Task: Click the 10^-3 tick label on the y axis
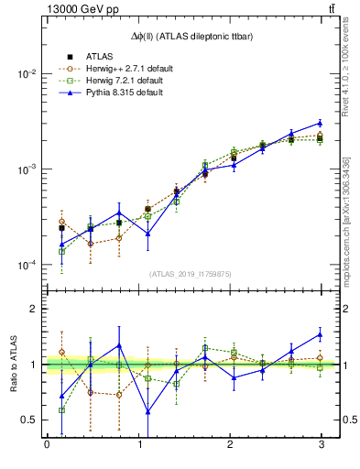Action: [x=27, y=169]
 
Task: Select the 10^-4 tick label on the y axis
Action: [x=27, y=266]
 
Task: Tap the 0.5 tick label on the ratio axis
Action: [x=28, y=420]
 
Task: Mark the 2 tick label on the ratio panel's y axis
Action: [x=33, y=310]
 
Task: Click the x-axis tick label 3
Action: [x=321, y=444]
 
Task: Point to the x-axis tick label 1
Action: [x=138, y=444]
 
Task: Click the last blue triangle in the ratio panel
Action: [x=320, y=333]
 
